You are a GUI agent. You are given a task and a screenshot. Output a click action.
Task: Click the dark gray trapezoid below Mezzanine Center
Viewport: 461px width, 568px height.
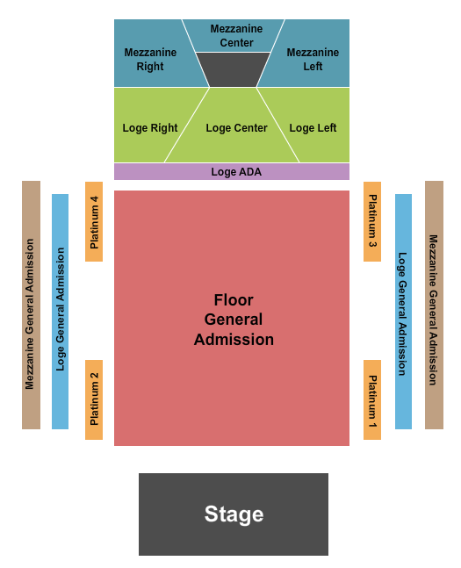(233, 69)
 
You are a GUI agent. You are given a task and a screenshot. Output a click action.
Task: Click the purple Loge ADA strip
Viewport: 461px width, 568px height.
(232, 172)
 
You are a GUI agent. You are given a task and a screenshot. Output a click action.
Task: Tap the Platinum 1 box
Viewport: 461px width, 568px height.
(372, 400)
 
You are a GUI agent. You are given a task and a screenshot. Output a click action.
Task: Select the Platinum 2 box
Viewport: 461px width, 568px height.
(94, 400)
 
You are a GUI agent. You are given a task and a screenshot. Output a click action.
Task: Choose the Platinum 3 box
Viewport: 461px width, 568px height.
(372, 222)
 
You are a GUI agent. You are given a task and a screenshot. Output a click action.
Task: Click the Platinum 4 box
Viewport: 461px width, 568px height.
(94, 222)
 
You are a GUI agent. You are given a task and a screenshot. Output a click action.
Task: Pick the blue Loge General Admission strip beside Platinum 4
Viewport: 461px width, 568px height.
(61, 312)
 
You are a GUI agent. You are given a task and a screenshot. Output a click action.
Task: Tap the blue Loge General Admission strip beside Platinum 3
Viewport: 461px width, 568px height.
(403, 312)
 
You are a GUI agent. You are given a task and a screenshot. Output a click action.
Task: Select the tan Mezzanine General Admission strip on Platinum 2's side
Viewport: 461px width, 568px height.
(31, 305)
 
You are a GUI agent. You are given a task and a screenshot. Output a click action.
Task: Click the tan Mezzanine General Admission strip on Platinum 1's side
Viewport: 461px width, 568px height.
(434, 305)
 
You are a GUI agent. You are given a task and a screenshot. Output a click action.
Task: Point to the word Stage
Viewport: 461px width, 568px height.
(234, 514)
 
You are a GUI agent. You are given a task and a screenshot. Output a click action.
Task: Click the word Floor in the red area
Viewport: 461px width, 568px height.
(234, 300)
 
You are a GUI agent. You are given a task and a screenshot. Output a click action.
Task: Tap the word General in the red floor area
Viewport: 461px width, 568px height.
(234, 320)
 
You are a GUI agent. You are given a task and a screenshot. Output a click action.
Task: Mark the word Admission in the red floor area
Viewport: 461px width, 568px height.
(234, 340)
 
